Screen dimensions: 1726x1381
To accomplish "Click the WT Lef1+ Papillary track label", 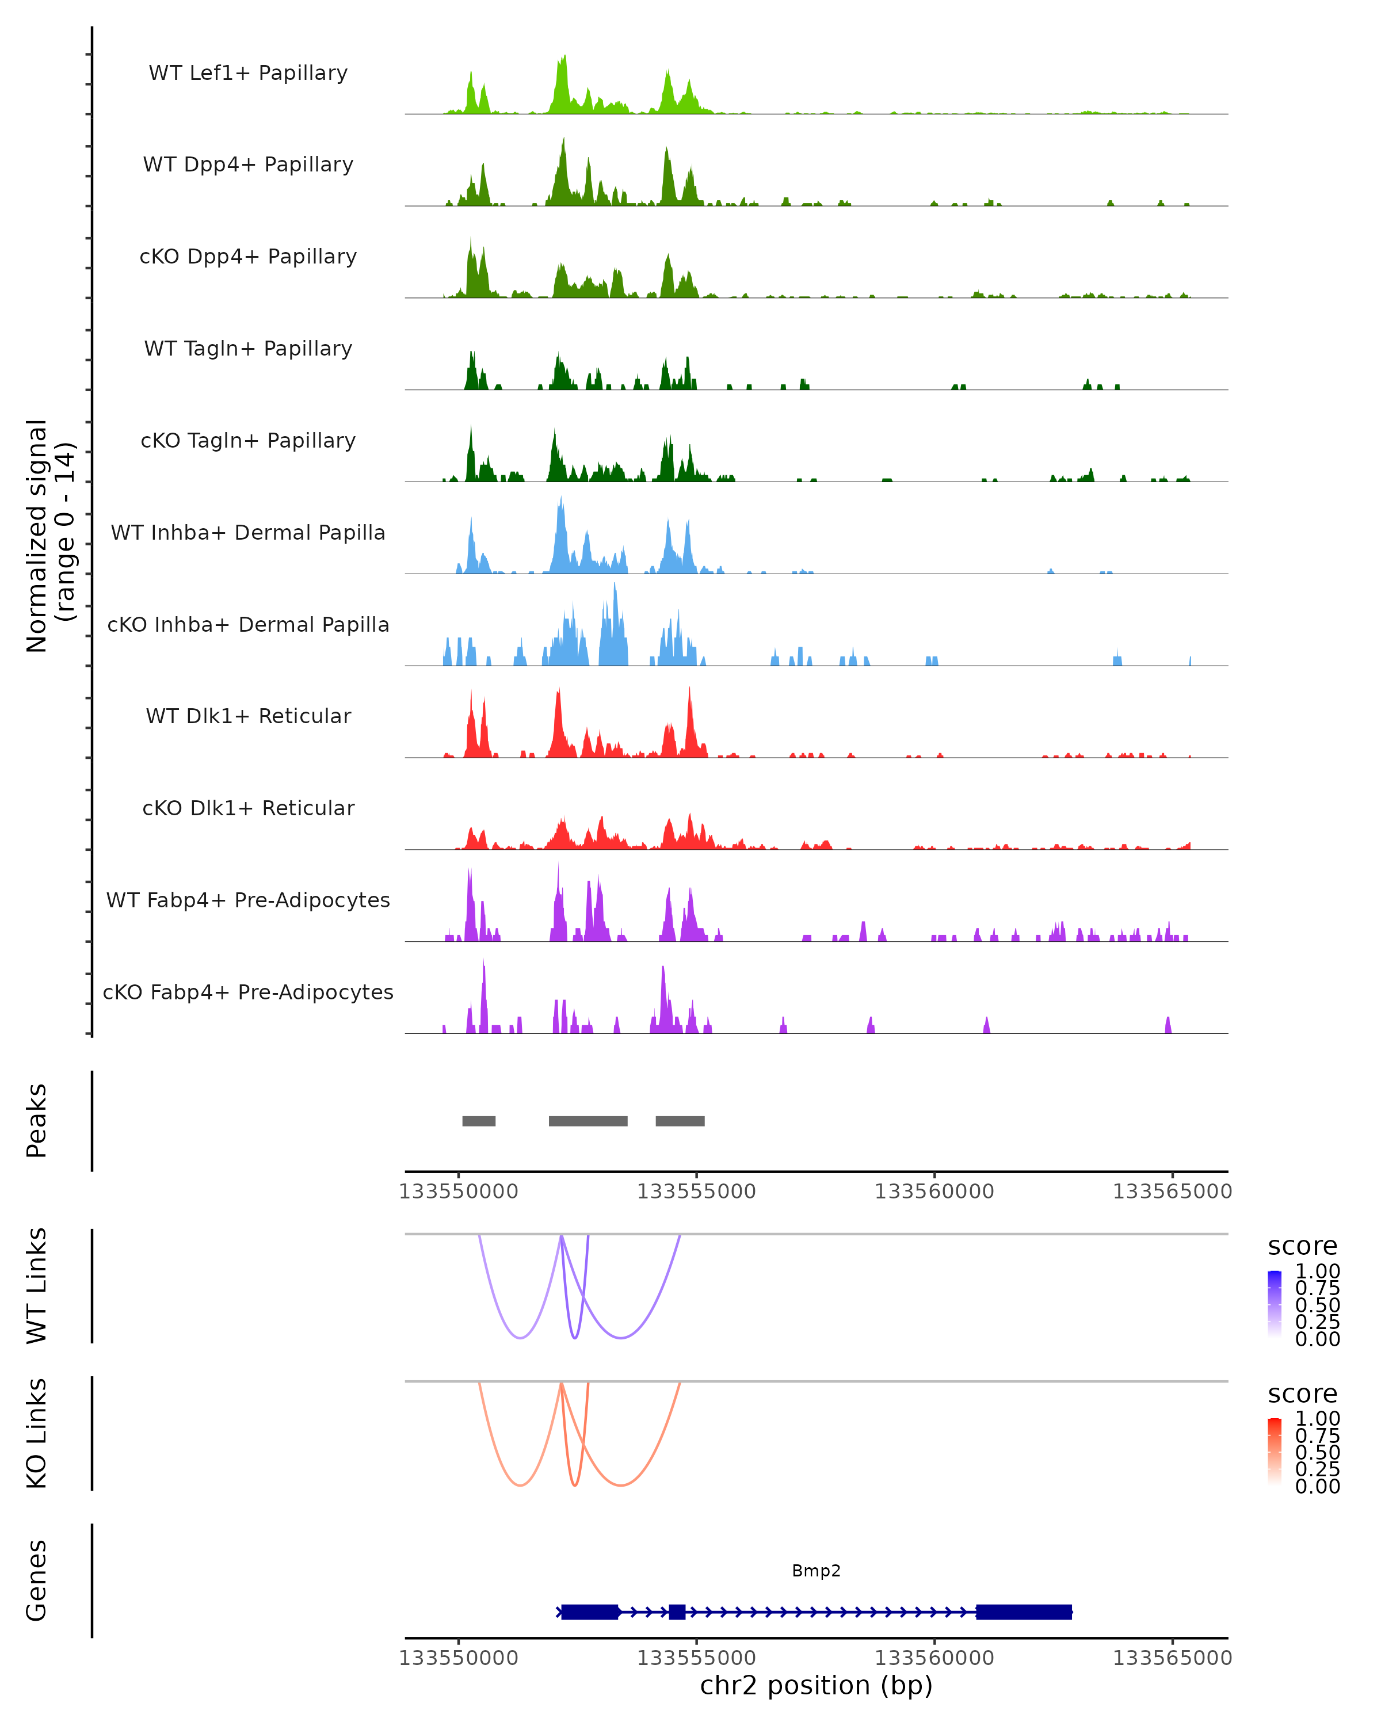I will pos(248,74).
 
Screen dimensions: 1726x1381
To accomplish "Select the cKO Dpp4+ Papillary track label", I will pos(248,257).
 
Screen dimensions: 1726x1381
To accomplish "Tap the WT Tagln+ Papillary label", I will pos(248,349).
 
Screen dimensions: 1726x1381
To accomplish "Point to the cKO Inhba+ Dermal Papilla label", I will pos(248,625).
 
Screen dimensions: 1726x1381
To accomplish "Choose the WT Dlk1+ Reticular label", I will pos(248,716).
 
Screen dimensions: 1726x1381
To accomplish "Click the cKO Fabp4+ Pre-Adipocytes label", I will pos(248,992).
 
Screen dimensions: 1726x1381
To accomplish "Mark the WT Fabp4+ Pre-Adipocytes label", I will pos(248,900).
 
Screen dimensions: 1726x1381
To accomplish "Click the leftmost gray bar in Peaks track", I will pos(479,1121).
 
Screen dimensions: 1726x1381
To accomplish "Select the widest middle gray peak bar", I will pos(588,1121).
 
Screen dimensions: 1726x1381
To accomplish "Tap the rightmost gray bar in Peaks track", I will pos(680,1121).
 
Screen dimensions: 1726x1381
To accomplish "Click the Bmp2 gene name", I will pos(816,1571).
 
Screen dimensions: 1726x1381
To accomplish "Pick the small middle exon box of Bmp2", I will pos(677,1612).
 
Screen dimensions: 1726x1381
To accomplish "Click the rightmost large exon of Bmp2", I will pos(1023,1612).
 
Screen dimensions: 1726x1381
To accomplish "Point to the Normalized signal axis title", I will pos(49,536).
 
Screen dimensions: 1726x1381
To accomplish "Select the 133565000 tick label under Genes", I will pos(1172,1658).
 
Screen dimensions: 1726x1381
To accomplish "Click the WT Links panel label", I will pos(37,1286).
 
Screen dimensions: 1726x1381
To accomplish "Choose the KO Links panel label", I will pos(37,1434).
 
